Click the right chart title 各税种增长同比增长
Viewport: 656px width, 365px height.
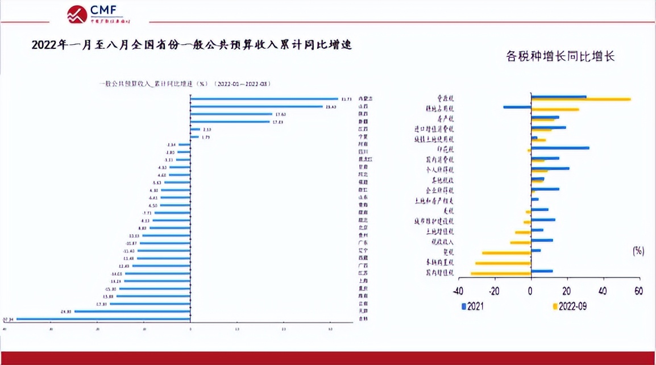(x=560, y=57)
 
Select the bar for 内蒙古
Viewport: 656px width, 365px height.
(x=264, y=98)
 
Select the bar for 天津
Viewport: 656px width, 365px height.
(x=132, y=312)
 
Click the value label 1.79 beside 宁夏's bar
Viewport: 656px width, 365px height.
(x=206, y=137)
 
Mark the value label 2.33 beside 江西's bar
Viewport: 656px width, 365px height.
(x=207, y=130)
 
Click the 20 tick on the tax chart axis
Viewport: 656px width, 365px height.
(x=567, y=291)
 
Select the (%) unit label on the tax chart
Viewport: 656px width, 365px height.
(x=638, y=250)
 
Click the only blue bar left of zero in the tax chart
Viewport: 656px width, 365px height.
(x=517, y=107)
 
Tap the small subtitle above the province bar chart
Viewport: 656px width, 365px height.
(x=185, y=84)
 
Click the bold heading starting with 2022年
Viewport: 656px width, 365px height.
(x=192, y=45)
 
